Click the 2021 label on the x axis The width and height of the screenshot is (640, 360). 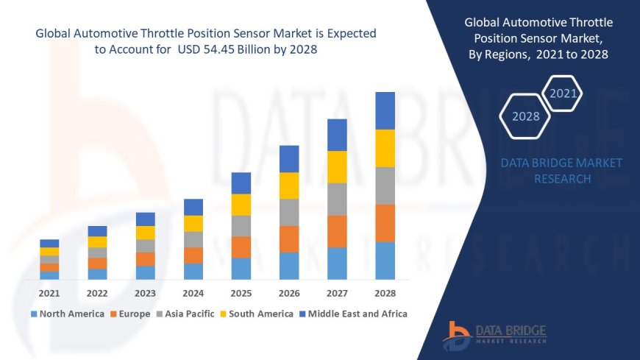(x=49, y=293)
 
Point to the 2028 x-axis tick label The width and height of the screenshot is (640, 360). (x=385, y=293)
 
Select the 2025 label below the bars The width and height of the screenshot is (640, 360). (x=241, y=293)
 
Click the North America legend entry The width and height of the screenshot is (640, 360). (x=68, y=314)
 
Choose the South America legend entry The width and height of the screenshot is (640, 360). (x=257, y=314)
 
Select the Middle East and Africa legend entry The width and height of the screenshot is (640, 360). (x=353, y=314)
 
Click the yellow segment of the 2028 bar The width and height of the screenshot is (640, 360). (x=385, y=148)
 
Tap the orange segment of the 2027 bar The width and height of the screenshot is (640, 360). (x=337, y=231)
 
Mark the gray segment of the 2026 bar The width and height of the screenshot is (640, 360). (x=289, y=212)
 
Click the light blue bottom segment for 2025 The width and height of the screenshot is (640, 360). (x=241, y=268)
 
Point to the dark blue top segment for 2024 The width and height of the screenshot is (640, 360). (x=193, y=207)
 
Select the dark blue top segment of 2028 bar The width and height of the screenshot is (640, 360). (x=385, y=110)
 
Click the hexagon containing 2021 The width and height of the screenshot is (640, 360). (x=563, y=93)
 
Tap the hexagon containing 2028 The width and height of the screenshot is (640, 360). (x=525, y=116)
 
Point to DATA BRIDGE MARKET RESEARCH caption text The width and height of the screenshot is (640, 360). (x=561, y=171)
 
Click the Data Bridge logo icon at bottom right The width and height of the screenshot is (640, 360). (x=457, y=336)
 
